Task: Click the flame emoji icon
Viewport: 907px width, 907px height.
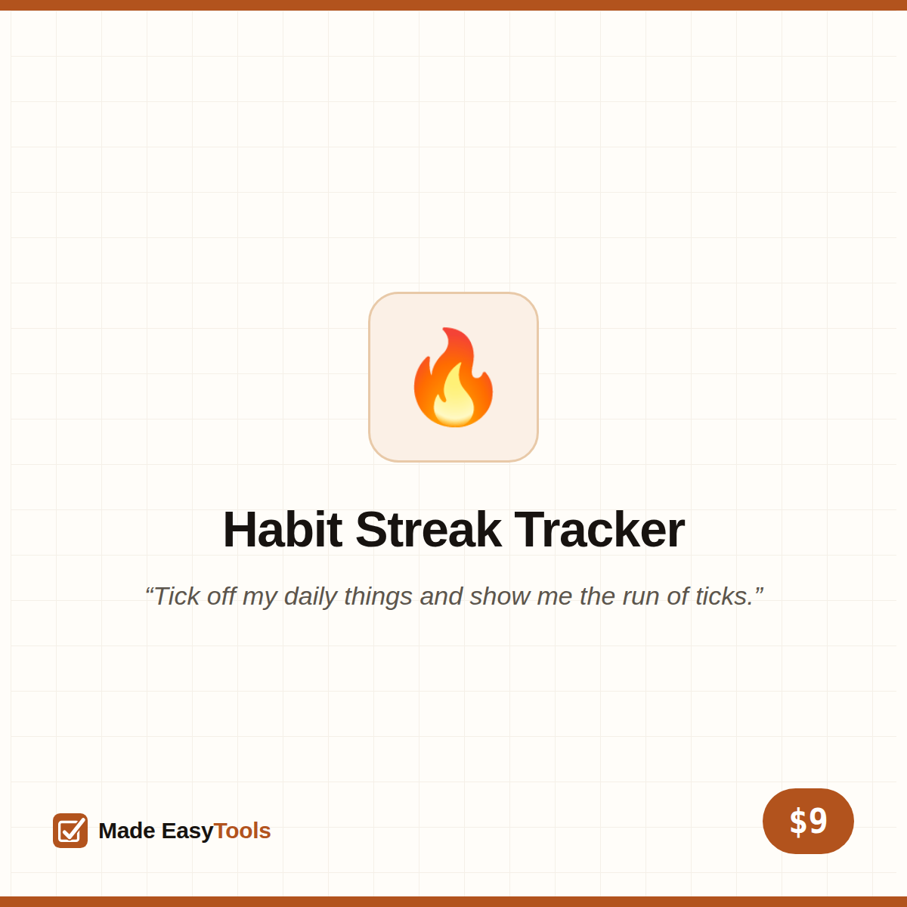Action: (x=453, y=377)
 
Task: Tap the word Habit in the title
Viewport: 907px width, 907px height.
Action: (x=283, y=530)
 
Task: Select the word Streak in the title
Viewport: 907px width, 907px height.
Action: (x=428, y=530)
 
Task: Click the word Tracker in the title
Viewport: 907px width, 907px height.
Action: (x=599, y=530)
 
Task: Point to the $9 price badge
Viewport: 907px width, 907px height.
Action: (x=808, y=821)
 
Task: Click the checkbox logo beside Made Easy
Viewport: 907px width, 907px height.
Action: (x=70, y=830)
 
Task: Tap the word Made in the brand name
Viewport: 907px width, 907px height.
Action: (x=127, y=831)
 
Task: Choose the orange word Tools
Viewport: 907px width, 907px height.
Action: (x=242, y=831)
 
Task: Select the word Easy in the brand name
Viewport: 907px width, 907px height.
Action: (x=187, y=831)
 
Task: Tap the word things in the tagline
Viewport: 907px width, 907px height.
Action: (x=379, y=597)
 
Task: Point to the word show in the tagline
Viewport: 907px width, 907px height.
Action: (x=500, y=596)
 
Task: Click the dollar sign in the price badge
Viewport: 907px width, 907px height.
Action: (x=798, y=822)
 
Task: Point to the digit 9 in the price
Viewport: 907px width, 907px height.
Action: (x=818, y=821)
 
